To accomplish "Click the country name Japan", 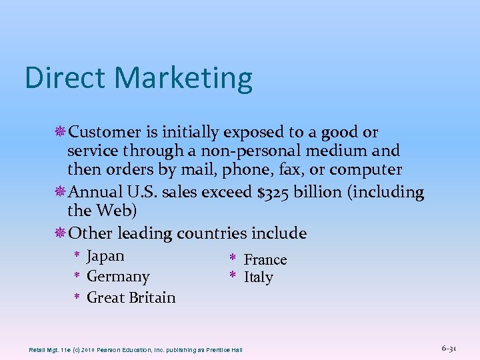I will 105,256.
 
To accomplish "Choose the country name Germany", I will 118,277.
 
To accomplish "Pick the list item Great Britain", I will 131,297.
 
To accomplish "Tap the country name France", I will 265,259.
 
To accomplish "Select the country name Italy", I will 258,277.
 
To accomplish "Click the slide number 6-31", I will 449,348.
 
